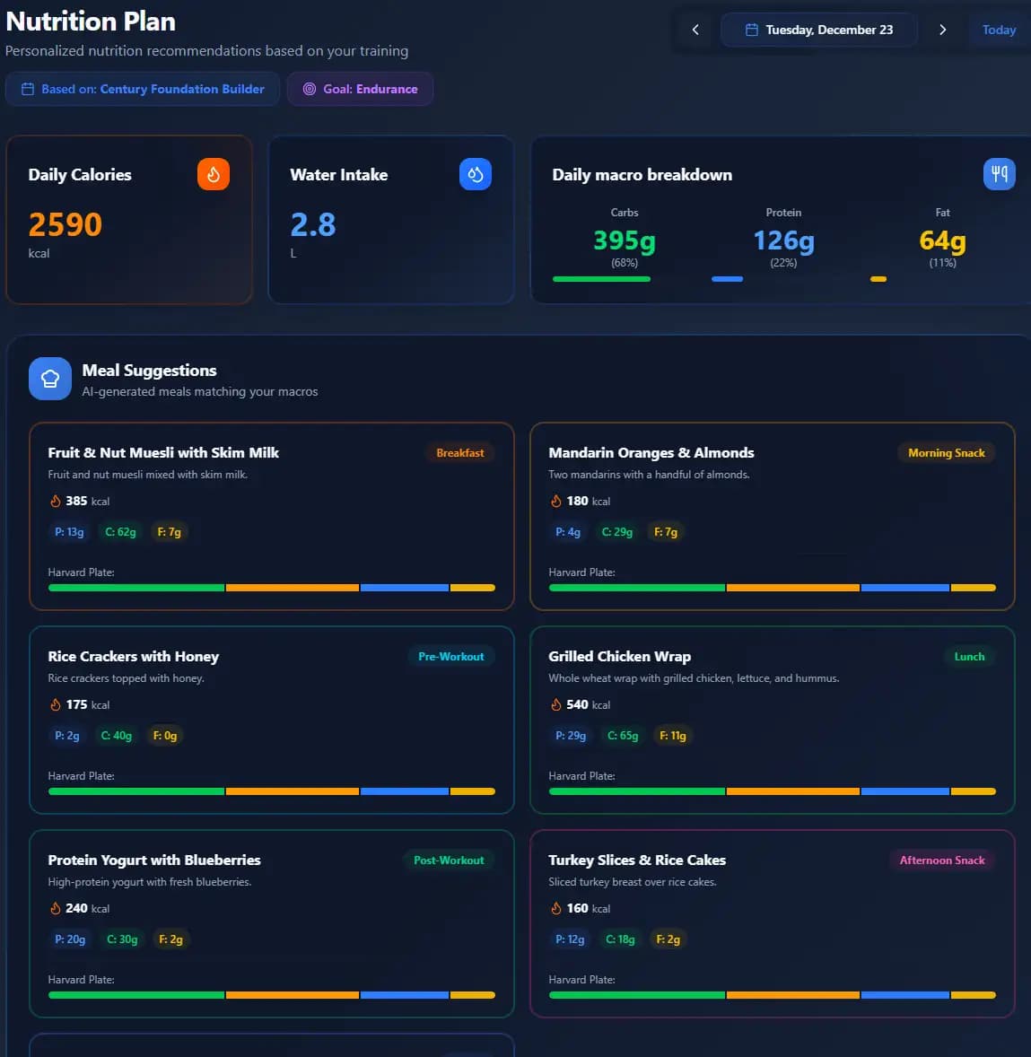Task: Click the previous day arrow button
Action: [x=695, y=30]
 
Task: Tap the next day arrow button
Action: [x=942, y=30]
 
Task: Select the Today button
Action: [x=999, y=30]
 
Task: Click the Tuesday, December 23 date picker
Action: [x=819, y=30]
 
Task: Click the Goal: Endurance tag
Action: [x=360, y=89]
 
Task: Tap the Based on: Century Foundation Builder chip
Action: [x=143, y=89]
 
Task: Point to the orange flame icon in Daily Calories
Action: [x=214, y=174]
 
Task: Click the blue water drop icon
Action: [x=476, y=174]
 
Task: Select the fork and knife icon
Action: [x=1000, y=174]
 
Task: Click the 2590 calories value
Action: [x=66, y=224]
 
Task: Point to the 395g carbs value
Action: [x=625, y=240]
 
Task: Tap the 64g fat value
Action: [x=942, y=240]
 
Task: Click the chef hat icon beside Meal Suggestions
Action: [x=50, y=379]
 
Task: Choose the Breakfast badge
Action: [x=460, y=453]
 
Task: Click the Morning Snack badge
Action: [x=946, y=453]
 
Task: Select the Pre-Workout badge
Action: [x=450, y=657]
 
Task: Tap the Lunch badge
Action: [x=969, y=657]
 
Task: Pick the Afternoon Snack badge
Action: [x=941, y=860]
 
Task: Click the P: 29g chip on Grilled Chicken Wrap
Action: [x=571, y=736]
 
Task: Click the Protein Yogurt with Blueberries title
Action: [x=154, y=860]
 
